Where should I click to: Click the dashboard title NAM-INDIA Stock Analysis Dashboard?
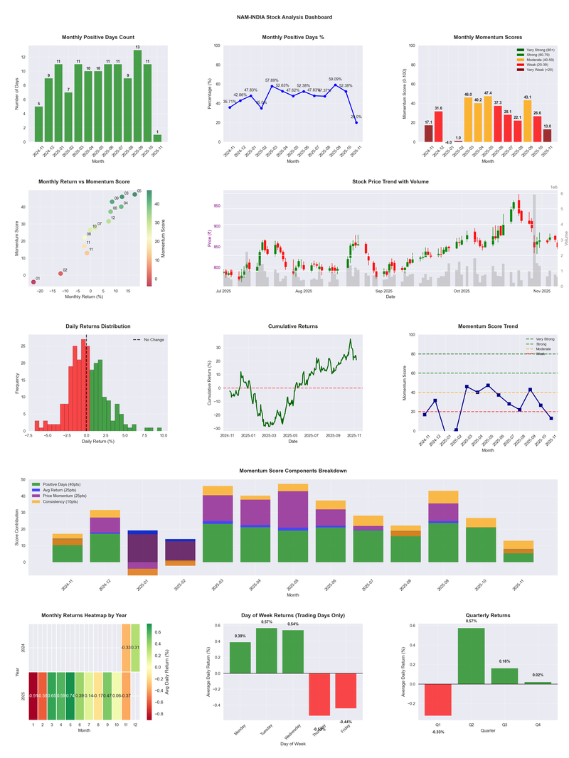click(x=284, y=16)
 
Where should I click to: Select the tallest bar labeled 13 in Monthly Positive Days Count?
click(x=137, y=96)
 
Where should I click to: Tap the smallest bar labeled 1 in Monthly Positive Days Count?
click(x=157, y=138)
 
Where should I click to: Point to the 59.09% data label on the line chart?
click(x=335, y=79)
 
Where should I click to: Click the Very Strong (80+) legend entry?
click(x=538, y=50)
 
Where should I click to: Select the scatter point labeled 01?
click(x=33, y=282)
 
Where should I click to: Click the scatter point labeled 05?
click(x=134, y=194)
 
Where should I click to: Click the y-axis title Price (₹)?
click(x=210, y=238)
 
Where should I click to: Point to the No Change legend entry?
click(x=153, y=340)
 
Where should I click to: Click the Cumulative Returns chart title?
click(x=293, y=326)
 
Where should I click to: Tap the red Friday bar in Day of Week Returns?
click(x=346, y=690)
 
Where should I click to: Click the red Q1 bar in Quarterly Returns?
click(x=438, y=700)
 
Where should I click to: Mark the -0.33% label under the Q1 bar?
click(x=438, y=732)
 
